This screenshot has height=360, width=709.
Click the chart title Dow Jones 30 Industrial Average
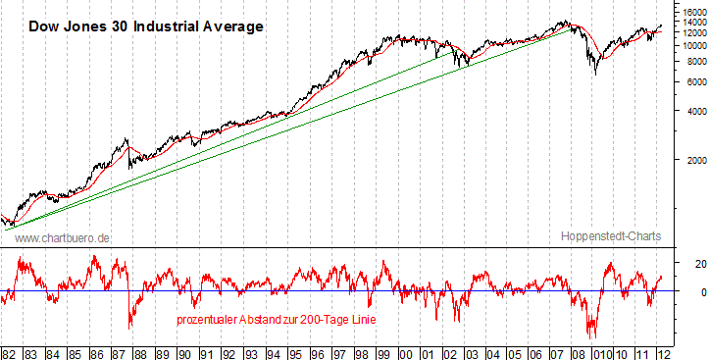pyautogui.click(x=145, y=26)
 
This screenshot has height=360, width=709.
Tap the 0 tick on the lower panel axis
pyautogui.click(x=688, y=292)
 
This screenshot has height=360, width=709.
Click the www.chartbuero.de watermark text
pyautogui.click(x=63, y=237)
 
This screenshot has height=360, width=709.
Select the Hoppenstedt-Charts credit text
pyautogui.click(x=611, y=236)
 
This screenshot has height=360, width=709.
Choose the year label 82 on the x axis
pyautogui.click(x=9, y=352)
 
